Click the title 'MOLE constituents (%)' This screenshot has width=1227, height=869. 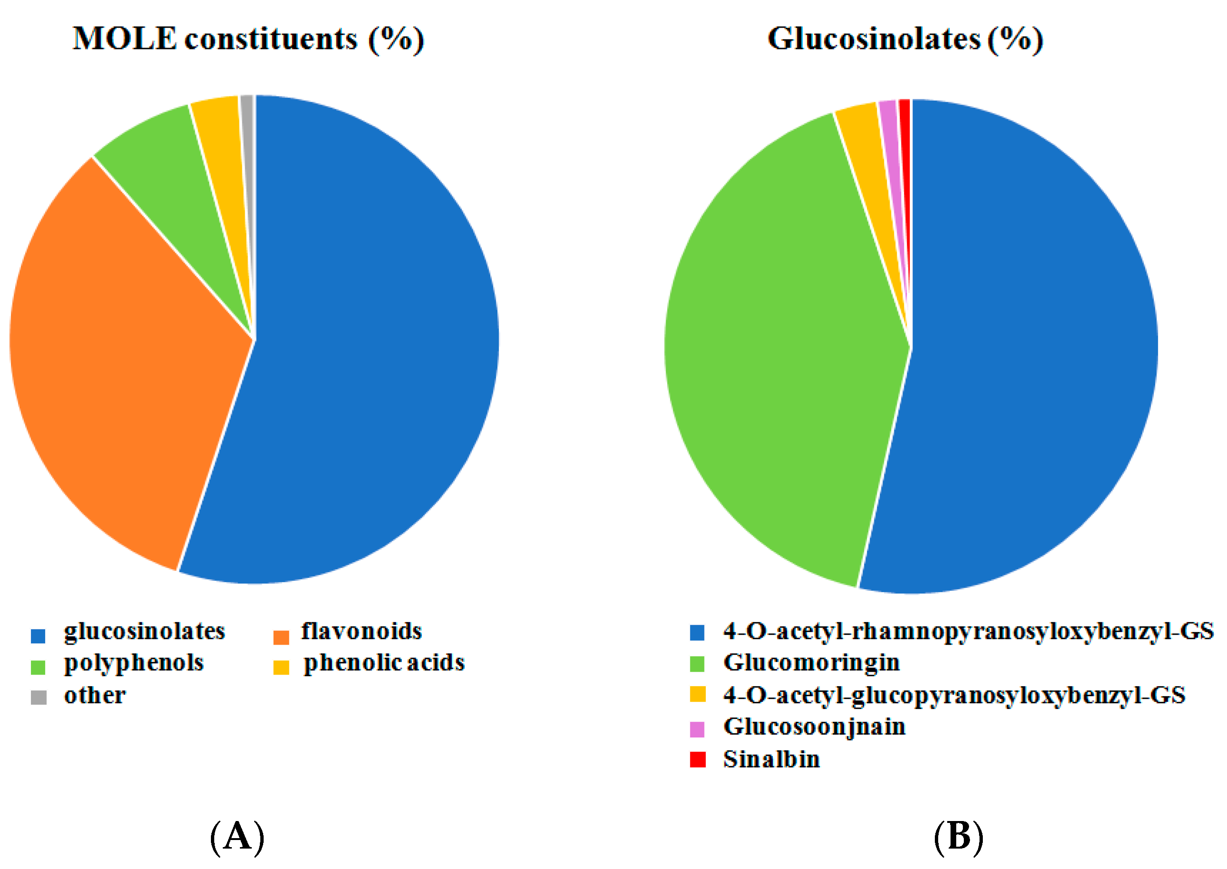(249, 39)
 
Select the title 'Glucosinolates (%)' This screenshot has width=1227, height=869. (905, 39)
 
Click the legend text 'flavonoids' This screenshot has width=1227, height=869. (361, 631)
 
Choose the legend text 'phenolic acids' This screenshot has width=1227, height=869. (384, 662)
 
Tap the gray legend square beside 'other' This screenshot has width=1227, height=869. (38, 697)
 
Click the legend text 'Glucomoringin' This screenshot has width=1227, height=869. (811, 662)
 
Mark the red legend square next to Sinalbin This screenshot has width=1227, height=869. (697, 759)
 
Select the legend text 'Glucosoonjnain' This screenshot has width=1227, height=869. (814, 726)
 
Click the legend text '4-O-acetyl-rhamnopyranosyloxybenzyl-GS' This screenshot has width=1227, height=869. (968, 631)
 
